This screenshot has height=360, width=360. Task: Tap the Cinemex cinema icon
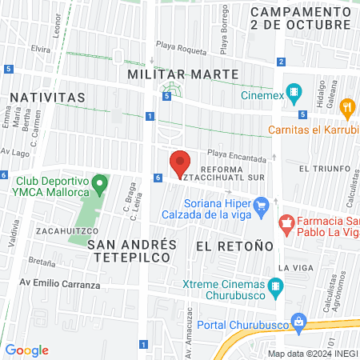click(x=296, y=93)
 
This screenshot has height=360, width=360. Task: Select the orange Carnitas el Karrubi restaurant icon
click(x=346, y=106)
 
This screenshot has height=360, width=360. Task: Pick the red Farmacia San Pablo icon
click(x=284, y=221)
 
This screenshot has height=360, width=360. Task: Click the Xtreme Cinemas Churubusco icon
click(x=276, y=286)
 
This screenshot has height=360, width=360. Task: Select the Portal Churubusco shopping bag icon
click(x=298, y=322)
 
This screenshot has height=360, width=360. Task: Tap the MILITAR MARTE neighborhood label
click(x=183, y=74)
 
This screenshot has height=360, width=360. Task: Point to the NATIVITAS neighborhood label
click(x=47, y=97)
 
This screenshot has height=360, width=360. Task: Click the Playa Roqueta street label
click(x=182, y=46)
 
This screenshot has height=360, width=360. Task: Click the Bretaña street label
click(x=42, y=262)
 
